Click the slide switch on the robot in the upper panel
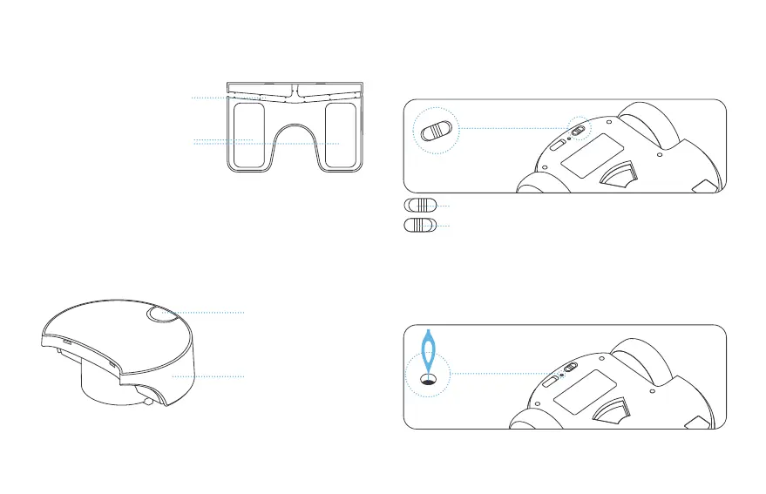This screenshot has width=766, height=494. coord(577,127)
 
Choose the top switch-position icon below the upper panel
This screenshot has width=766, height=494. coord(419,206)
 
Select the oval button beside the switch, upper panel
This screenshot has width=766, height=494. coord(555,143)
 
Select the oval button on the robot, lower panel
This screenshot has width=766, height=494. coord(551,379)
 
